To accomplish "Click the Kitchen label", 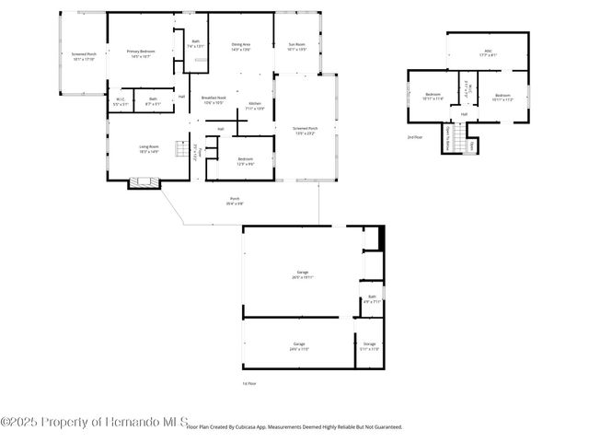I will point(256,103).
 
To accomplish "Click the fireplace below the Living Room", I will point(142,183).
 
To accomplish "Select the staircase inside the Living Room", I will point(194,150).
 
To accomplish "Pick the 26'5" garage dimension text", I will point(302,277).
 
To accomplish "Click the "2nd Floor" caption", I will point(415,136).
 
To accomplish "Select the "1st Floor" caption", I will point(248,382).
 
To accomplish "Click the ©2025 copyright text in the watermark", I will point(20,421).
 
